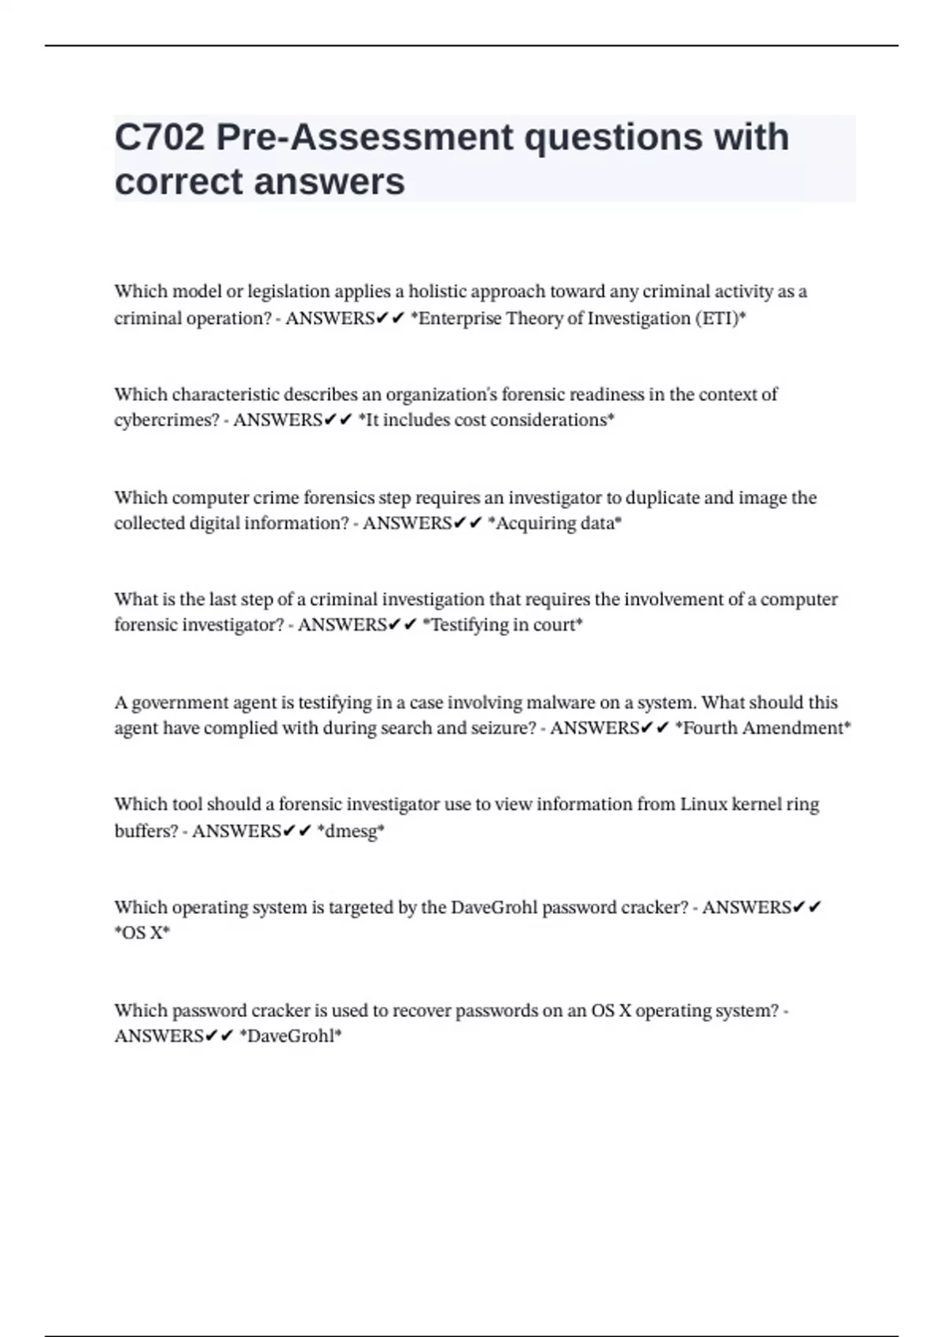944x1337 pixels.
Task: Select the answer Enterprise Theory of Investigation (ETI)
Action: [578, 319]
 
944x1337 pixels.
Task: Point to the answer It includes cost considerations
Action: [485, 420]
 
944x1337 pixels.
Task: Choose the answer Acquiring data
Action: [555, 523]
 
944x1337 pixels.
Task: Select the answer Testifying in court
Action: [503, 625]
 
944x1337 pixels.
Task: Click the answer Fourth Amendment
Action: [763, 728]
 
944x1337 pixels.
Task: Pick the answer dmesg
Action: [351, 831]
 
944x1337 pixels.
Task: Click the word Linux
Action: [703, 805]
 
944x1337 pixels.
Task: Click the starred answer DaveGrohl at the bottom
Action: [290, 1036]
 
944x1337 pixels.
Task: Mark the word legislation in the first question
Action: [289, 292]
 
